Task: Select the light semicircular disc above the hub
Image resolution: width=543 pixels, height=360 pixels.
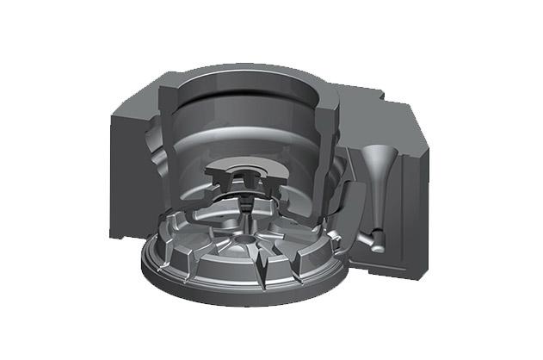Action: pos(246,166)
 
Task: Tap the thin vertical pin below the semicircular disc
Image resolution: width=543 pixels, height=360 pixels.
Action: pos(246,205)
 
